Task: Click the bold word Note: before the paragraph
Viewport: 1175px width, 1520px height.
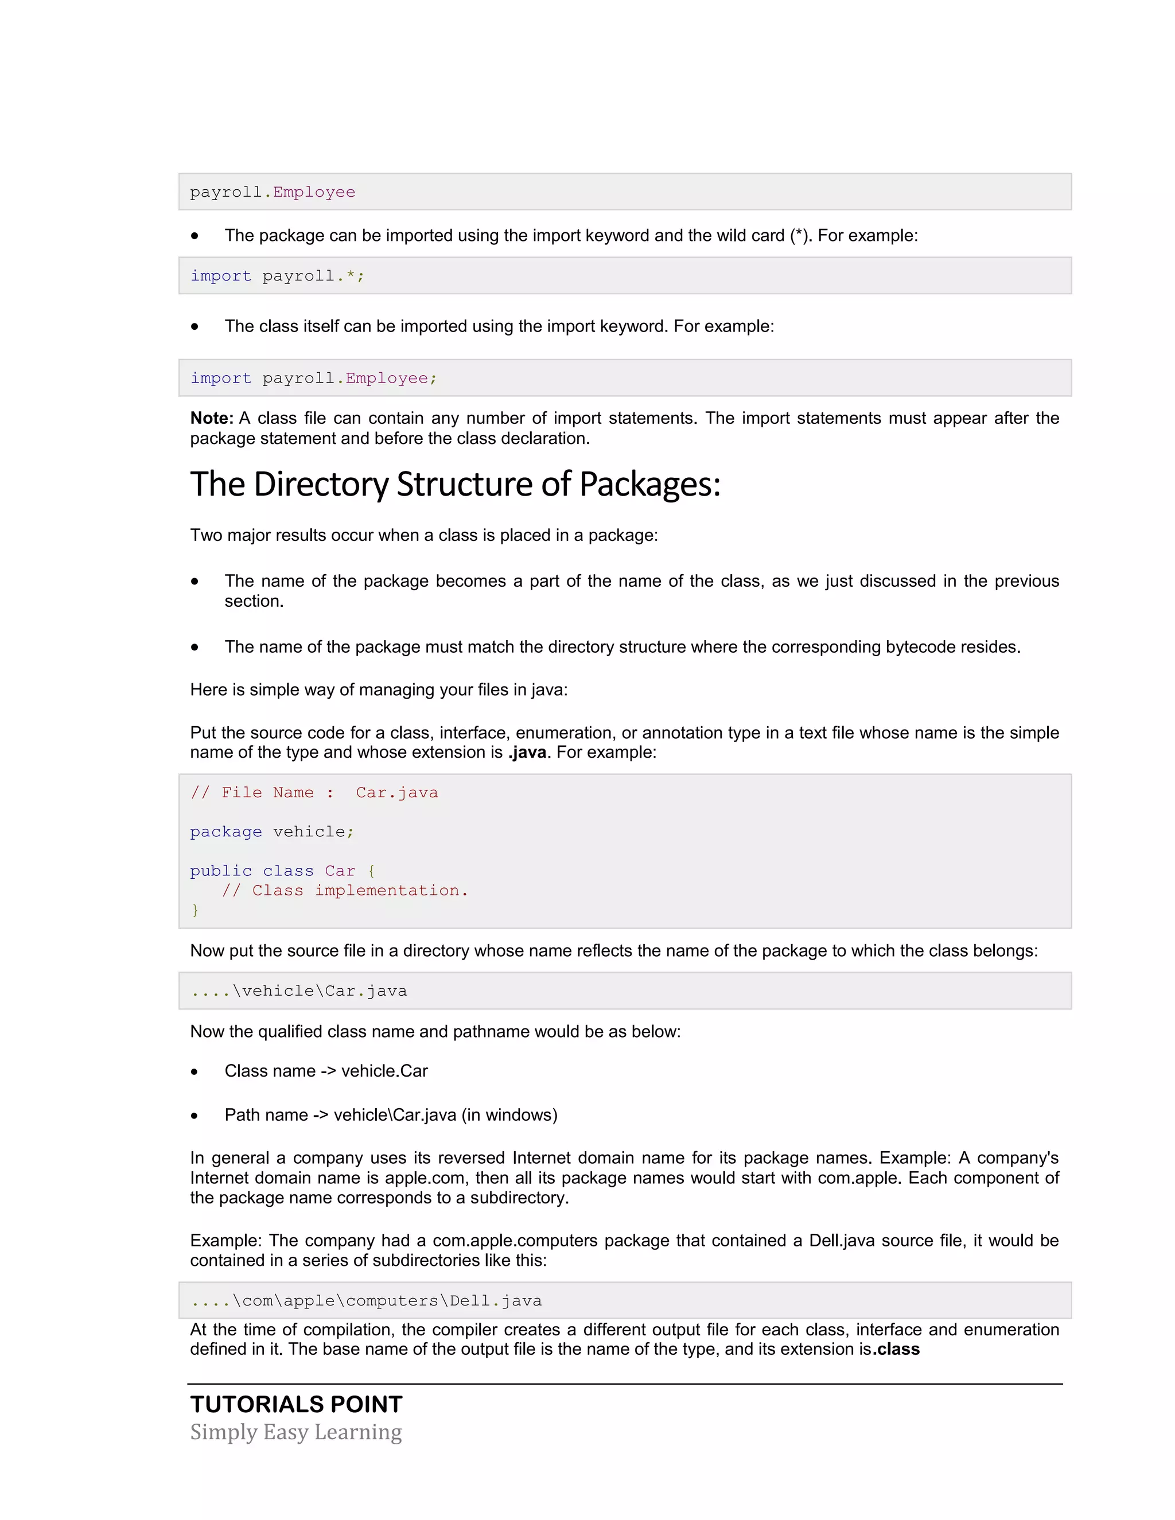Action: click(212, 418)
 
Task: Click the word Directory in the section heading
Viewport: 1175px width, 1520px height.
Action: click(321, 485)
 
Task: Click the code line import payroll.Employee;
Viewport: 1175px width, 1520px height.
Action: click(313, 378)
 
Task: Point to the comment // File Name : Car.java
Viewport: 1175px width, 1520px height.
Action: click(314, 793)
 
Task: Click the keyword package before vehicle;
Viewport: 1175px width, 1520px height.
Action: click(225, 832)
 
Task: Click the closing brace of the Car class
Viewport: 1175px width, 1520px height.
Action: click(195, 910)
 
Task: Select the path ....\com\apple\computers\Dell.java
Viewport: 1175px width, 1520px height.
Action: click(366, 1301)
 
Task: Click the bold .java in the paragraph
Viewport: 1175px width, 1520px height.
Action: click(527, 753)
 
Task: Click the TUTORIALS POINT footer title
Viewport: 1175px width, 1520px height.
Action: click(297, 1405)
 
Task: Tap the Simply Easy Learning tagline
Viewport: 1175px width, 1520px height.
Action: click(296, 1432)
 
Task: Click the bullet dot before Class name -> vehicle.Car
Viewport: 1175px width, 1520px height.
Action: click(195, 1072)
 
